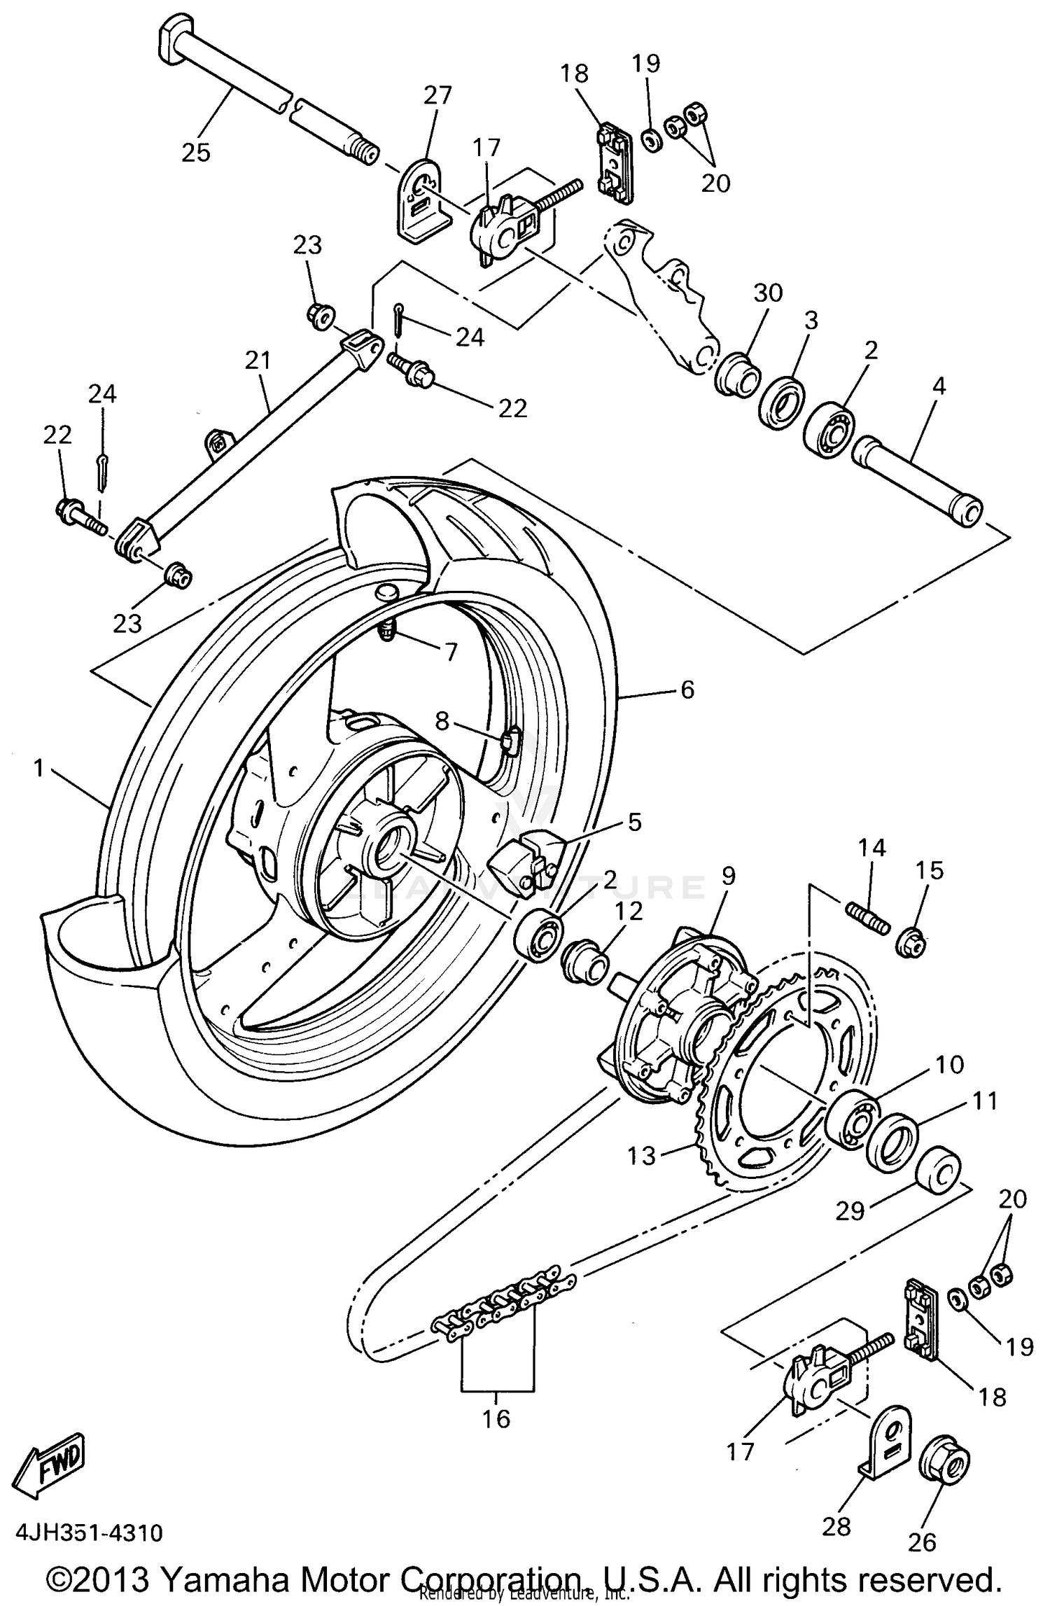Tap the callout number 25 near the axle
tap(196, 152)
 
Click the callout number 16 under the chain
tap(496, 1419)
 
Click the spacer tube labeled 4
tap(917, 482)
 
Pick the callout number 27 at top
tap(437, 95)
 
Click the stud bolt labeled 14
tap(867, 918)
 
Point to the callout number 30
tap(768, 292)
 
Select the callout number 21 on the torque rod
tap(258, 360)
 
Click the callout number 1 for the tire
tap(38, 769)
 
